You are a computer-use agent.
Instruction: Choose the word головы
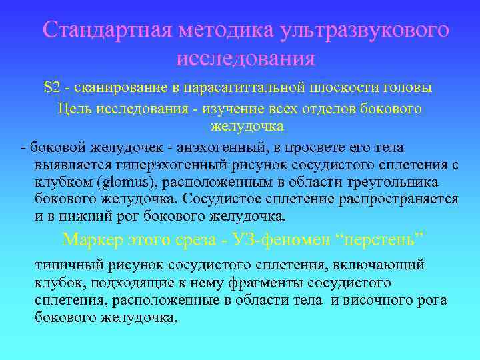point(410,87)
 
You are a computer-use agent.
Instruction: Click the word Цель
point(75,108)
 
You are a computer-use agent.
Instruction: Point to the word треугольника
point(399,182)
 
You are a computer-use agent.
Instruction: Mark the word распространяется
point(404,199)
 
